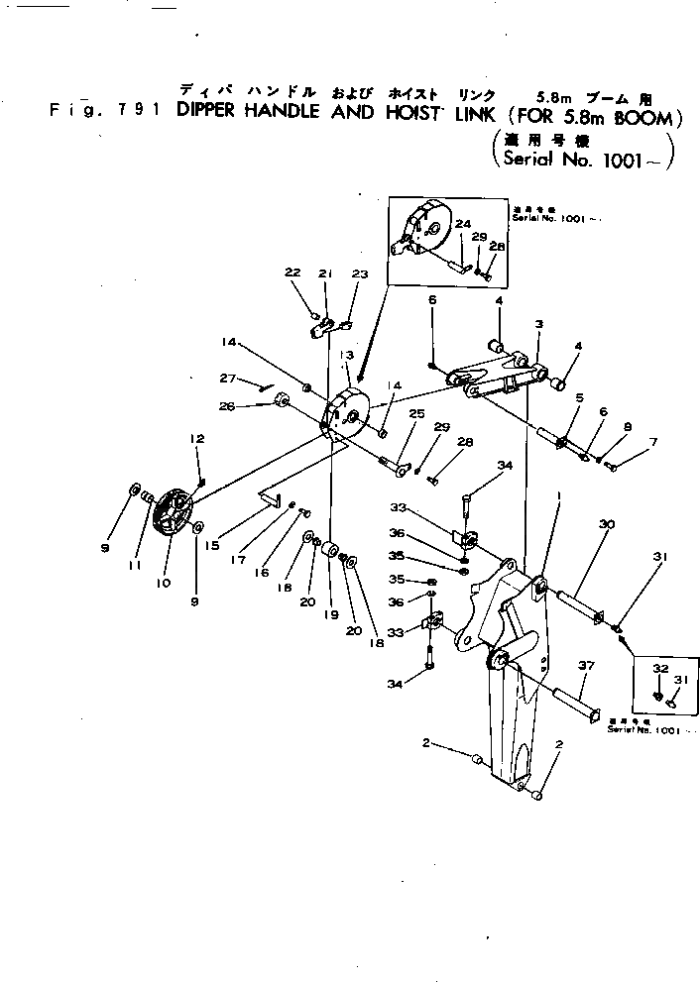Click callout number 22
(292, 273)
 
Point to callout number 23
(359, 273)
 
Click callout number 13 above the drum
(347, 355)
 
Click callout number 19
(330, 614)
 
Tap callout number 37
(586, 666)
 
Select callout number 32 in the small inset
(659, 670)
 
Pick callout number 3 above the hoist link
(538, 323)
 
